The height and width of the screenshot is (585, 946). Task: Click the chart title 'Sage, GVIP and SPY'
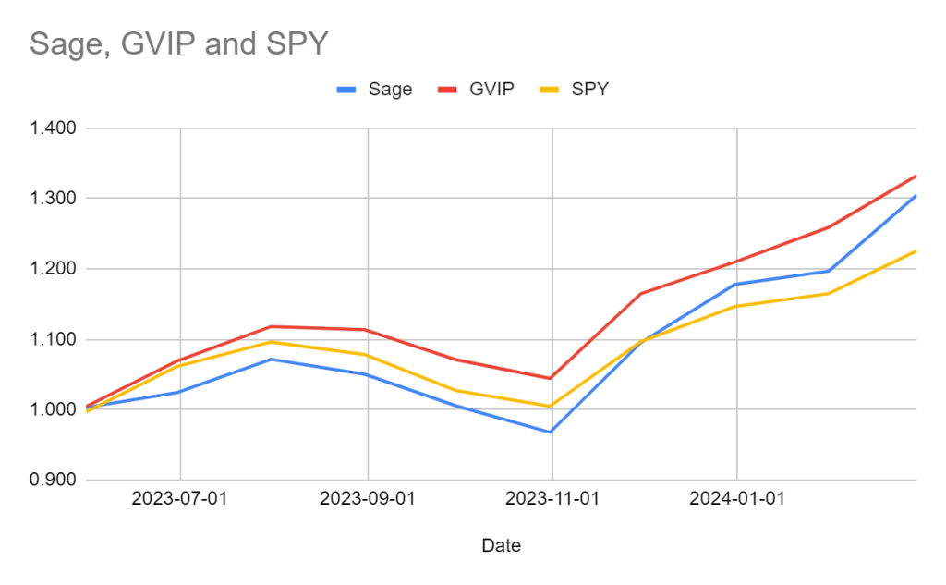(x=178, y=43)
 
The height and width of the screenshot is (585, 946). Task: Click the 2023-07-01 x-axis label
(x=180, y=499)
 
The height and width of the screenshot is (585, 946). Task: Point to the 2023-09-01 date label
(x=368, y=499)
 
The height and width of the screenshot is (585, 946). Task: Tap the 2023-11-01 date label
(x=552, y=499)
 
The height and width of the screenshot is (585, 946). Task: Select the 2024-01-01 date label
(x=736, y=499)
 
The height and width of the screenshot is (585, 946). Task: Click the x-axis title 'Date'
(x=501, y=546)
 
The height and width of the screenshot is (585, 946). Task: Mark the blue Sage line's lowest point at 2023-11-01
(x=552, y=432)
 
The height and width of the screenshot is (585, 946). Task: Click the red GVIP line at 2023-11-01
(x=552, y=378)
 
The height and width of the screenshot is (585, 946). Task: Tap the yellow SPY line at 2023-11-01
(x=552, y=406)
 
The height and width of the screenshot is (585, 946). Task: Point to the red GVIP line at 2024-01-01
(x=736, y=262)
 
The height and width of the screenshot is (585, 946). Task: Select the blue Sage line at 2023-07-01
(x=180, y=392)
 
